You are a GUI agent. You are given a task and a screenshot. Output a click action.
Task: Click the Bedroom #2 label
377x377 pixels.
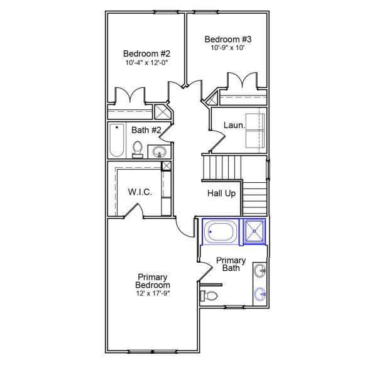click(x=146, y=53)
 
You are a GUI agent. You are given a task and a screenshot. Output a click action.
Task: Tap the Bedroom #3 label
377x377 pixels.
click(x=227, y=40)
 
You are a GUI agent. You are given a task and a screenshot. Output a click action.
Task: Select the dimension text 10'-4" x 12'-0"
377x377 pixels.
click(x=146, y=62)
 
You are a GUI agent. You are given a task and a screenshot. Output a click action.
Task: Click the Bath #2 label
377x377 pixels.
click(x=146, y=130)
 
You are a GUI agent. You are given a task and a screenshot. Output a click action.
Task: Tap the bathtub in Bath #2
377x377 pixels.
click(x=116, y=140)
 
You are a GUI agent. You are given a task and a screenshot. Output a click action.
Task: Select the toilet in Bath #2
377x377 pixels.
click(x=138, y=149)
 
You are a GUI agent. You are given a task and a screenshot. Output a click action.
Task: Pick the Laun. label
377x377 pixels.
click(x=233, y=125)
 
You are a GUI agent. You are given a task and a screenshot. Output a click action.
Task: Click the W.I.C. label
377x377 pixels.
click(x=139, y=192)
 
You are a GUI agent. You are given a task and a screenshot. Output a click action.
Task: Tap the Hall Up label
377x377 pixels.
click(x=221, y=193)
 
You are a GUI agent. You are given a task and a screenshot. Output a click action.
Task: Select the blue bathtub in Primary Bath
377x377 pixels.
click(x=221, y=231)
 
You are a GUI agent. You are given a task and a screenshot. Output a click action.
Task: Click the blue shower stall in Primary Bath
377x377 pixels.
click(x=254, y=231)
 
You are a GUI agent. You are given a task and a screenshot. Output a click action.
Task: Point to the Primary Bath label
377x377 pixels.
click(x=231, y=264)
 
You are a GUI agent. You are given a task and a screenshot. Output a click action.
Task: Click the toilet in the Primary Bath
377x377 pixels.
click(x=210, y=295)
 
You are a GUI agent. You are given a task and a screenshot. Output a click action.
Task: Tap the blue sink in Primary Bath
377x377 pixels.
click(x=260, y=293)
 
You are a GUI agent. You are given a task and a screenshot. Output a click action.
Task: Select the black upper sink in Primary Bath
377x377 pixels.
click(x=260, y=271)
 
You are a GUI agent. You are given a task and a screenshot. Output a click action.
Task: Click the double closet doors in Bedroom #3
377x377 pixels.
click(x=242, y=82)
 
